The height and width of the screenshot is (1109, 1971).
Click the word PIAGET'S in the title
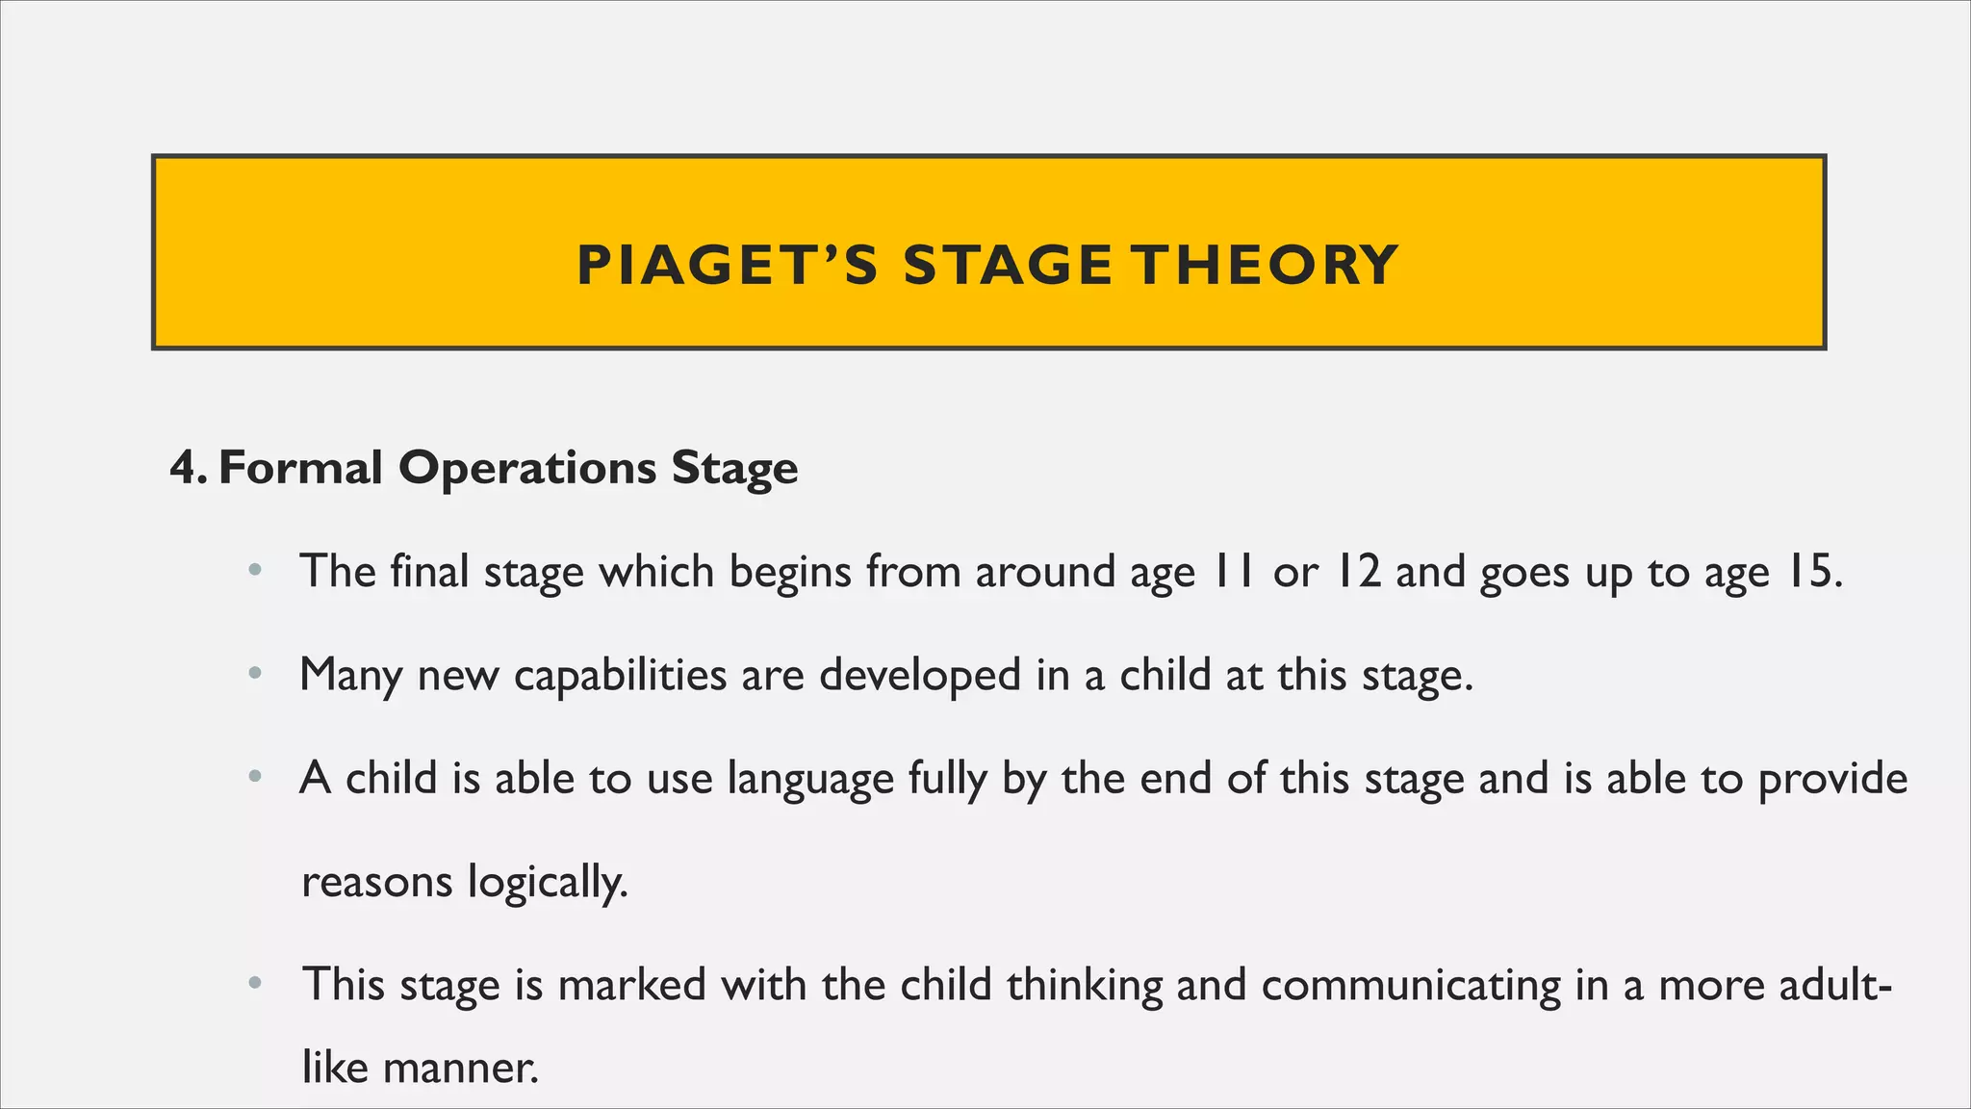click(x=727, y=266)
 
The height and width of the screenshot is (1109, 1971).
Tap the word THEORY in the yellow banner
click(x=1264, y=266)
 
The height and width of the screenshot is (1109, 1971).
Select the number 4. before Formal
click(x=189, y=469)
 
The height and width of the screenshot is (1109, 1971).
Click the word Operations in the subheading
click(x=527, y=469)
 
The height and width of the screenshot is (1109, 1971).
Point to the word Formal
click(x=301, y=469)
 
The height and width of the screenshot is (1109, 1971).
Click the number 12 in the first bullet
click(x=1357, y=573)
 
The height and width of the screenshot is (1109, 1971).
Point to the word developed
click(x=920, y=676)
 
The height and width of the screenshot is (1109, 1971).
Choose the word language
click(x=810, y=780)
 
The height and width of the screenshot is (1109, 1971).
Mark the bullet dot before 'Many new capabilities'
click(x=254, y=674)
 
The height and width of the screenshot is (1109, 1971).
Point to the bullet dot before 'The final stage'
click(x=254, y=571)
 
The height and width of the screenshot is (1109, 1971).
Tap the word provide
click(x=1832, y=780)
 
